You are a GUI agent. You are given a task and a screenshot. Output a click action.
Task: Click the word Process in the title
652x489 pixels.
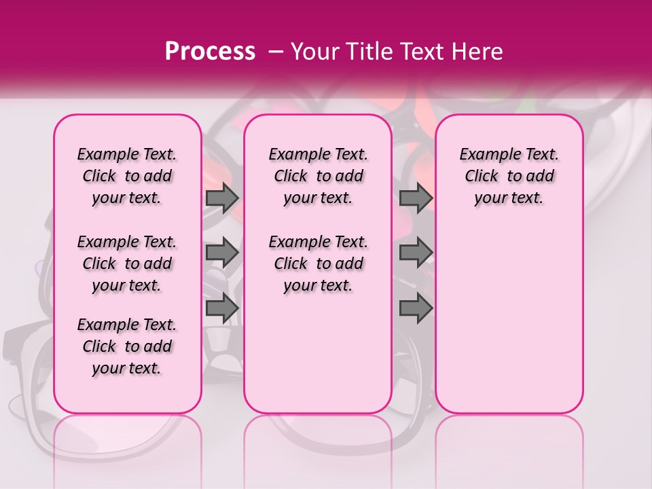[210, 52]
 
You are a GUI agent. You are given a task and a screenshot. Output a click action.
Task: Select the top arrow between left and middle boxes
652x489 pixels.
[222, 198]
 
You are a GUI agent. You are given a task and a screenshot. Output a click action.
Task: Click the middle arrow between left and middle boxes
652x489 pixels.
[222, 253]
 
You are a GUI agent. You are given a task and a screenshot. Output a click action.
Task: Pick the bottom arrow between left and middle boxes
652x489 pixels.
[222, 308]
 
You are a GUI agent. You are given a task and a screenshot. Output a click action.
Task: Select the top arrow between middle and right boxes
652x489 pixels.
[416, 198]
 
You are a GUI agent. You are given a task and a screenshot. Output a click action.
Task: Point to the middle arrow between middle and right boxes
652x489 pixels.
[416, 253]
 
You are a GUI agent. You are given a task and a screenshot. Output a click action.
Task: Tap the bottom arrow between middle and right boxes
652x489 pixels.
[416, 308]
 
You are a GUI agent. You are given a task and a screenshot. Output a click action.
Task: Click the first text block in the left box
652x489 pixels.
[127, 176]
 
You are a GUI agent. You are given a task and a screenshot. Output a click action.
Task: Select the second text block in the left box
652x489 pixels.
[127, 264]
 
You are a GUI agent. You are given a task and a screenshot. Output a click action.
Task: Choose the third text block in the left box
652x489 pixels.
[127, 346]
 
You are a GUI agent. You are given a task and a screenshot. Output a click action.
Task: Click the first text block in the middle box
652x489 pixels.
[318, 176]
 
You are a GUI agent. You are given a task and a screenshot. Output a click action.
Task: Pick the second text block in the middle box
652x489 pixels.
[318, 264]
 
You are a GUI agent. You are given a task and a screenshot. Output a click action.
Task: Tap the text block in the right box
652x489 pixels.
[509, 176]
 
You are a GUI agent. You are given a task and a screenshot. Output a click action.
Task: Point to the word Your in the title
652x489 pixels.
[310, 52]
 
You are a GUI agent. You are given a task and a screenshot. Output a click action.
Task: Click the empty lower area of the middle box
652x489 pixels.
[318, 353]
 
